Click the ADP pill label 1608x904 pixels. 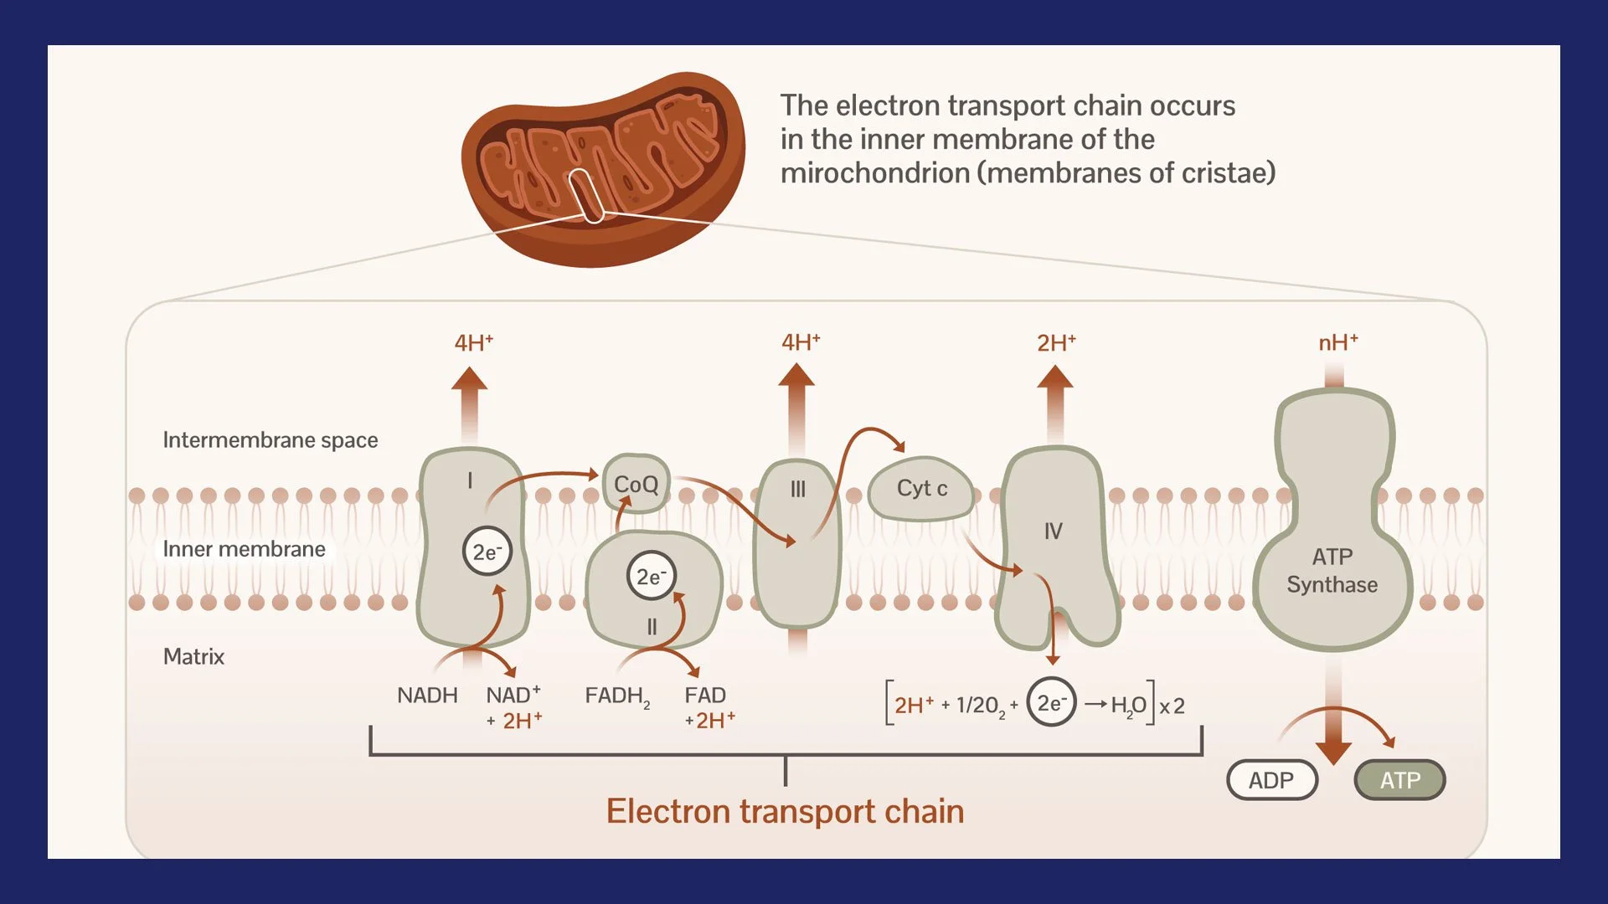click(1271, 780)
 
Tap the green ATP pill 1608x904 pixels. click(1399, 780)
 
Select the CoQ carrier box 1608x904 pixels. click(636, 484)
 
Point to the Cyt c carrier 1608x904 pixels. click(921, 489)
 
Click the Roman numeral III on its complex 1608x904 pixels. click(797, 489)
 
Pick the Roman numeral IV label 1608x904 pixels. click(1053, 531)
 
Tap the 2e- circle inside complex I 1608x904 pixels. click(487, 552)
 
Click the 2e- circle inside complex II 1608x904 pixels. click(651, 576)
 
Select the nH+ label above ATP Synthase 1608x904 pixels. click(1337, 342)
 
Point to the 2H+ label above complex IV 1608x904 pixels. click(1055, 343)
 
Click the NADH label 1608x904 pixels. click(427, 696)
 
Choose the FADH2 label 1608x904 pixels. click(617, 696)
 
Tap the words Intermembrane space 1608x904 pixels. click(270, 440)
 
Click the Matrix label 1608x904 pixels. click(193, 656)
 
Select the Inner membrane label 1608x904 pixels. click(244, 549)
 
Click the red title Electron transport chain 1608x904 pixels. click(785, 811)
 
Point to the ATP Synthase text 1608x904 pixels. click(1332, 571)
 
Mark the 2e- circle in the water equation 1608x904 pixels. click(1051, 702)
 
